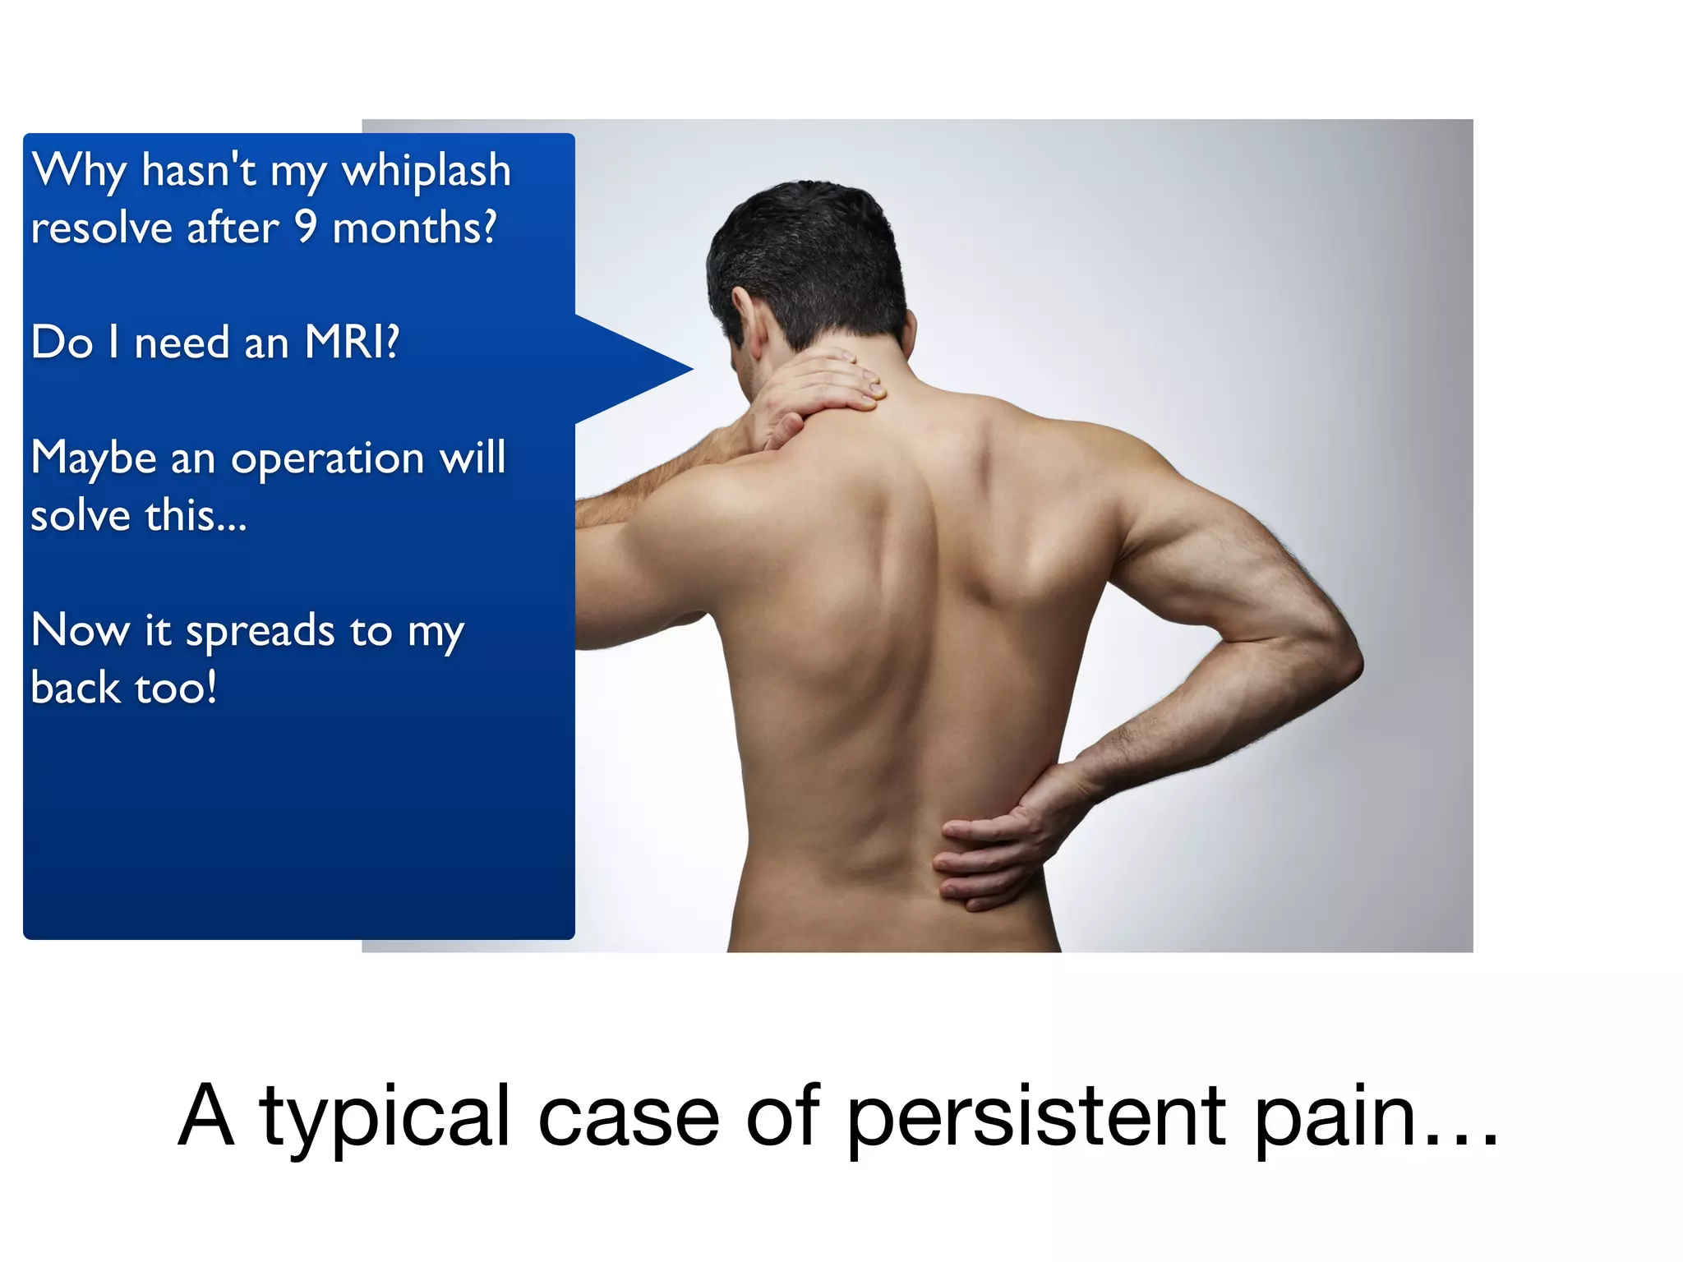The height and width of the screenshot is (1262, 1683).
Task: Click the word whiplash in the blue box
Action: click(426, 172)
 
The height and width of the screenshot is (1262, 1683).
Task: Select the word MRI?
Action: click(352, 342)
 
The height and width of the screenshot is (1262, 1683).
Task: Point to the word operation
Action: click(327, 458)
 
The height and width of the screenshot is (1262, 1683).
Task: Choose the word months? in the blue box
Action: click(414, 228)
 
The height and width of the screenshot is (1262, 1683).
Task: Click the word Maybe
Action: click(93, 458)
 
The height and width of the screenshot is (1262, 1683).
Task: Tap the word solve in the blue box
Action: click(81, 516)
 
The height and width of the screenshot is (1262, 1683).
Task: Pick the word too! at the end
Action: click(176, 688)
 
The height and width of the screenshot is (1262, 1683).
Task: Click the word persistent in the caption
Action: click(1035, 1117)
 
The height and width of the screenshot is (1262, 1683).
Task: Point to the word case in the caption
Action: click(628, 1117)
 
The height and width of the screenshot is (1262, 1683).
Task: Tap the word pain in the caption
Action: click(1335, 1117)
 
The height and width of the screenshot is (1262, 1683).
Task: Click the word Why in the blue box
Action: click(79, 172)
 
